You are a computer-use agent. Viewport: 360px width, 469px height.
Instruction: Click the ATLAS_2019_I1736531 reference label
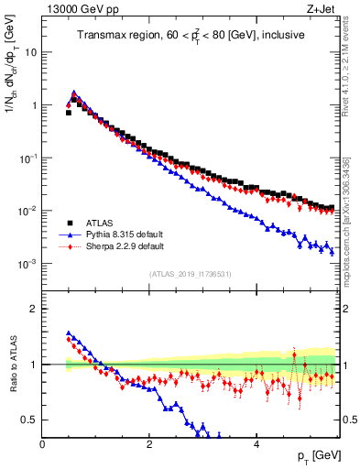point(190,274)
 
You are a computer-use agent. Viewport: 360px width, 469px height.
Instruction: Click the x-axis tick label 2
point(149,444)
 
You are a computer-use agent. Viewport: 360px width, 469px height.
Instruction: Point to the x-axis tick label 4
point(256,444)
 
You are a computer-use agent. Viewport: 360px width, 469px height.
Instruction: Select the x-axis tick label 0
point(42,444)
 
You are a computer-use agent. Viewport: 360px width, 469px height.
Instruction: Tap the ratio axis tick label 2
point(34,309)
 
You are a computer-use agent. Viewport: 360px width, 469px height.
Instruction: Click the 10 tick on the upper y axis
point(31,52)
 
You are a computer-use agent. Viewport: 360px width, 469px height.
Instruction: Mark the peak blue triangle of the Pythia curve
point(74,93)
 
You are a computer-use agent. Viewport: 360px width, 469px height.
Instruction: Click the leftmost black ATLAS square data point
point(69,113)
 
